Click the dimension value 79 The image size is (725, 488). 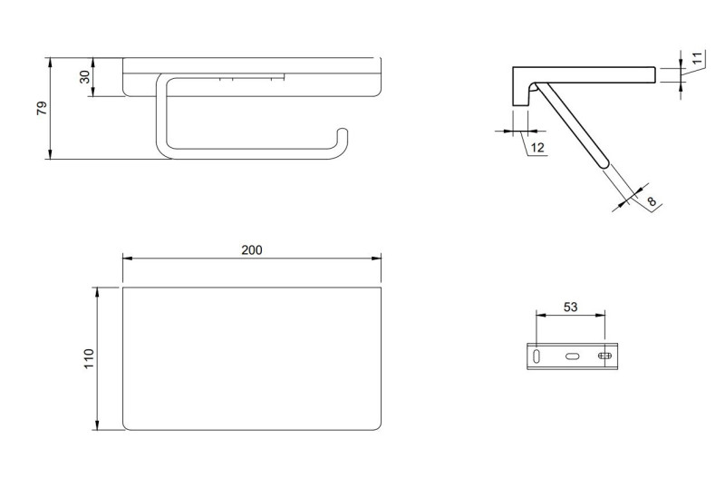[x=41, y=108]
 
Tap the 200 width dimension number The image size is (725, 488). [x=252, y=249]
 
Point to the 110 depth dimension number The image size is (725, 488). [x=88, y=358]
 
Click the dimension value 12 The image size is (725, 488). [x=536, y=147]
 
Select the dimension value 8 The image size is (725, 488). [x=651, y=201]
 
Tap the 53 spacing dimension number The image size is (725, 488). [x=570, y=307]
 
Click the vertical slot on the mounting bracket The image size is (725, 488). [x=537, y=356]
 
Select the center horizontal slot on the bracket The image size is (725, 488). [x=572, y=356]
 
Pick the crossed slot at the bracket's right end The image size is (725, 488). [x=604, y=356]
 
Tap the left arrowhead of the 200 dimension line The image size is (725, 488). [x=127, y=259]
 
